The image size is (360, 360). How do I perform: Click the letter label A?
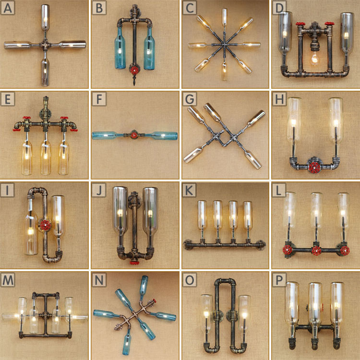7,8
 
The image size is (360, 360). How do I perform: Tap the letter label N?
99,280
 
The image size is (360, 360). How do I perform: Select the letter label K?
189,190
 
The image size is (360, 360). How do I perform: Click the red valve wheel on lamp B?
134,70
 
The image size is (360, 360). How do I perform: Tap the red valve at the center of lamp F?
134,135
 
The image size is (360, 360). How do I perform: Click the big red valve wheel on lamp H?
314,168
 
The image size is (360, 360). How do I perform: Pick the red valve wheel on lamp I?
45,225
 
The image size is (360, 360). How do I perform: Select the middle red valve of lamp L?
316,251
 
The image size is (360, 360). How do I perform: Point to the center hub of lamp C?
224,45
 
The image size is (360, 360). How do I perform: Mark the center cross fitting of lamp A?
45,45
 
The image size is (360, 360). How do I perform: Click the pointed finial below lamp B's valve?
134,80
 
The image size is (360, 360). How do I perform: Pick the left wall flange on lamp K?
188,245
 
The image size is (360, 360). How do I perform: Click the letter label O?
190,280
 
